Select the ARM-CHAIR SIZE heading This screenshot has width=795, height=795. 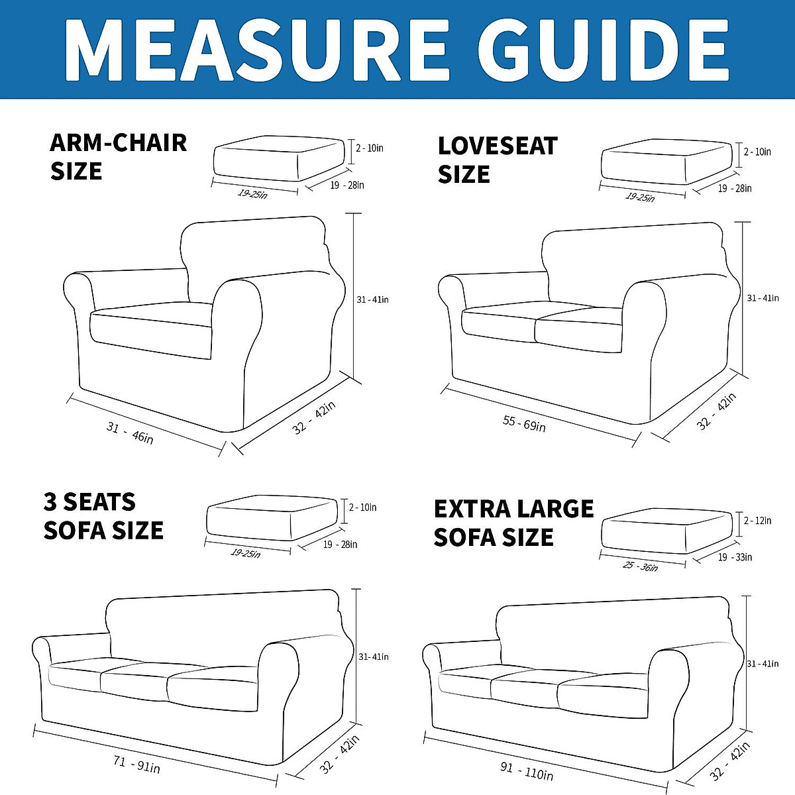(x=118, y=157)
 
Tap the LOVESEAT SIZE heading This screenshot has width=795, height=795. (x=497, y=160)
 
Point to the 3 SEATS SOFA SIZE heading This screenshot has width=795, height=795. (x=103, y=516)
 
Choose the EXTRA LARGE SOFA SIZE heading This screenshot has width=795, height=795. (x=513, y=523)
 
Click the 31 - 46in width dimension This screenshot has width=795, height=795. (x=130, y=433)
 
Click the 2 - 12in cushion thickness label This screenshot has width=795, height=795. (x=757, y=521)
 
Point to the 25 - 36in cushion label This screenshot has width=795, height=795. (x=640, y=566)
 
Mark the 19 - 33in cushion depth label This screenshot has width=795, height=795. (x=735, y=557)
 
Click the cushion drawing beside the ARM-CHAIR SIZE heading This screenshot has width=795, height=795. (x=278, y=160)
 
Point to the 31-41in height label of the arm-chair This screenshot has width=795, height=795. (x=372, y=300)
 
